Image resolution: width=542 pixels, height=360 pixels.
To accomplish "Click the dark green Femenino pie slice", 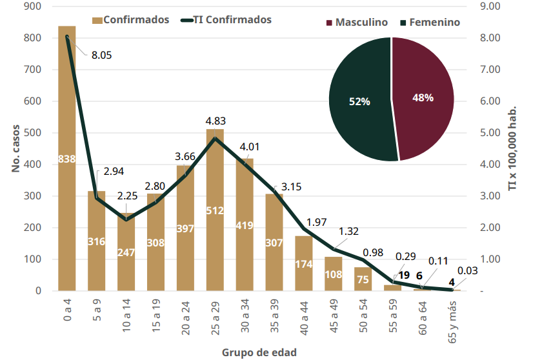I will click(359, 101).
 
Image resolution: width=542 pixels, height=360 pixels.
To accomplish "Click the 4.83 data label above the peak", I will click(216, 121).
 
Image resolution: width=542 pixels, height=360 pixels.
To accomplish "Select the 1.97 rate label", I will click(317, 222).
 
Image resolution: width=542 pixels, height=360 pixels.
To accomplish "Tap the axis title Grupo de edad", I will click(259, 352).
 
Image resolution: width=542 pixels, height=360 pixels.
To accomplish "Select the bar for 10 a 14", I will click(126, 252).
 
